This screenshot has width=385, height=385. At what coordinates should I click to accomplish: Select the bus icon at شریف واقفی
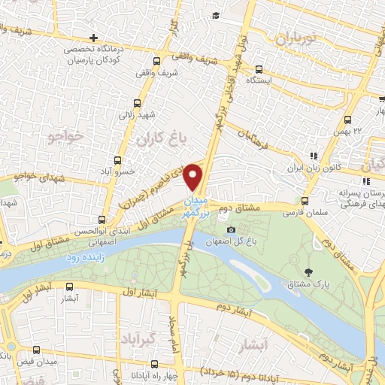click(156, 63)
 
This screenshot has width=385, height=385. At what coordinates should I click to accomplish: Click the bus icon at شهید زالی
click(137, 104)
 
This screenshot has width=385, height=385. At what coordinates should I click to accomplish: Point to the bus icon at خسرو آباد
click(117, 160)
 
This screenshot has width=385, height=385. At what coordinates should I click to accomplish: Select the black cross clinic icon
click(92, 38)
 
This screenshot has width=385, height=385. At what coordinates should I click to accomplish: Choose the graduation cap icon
click(215, 15)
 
